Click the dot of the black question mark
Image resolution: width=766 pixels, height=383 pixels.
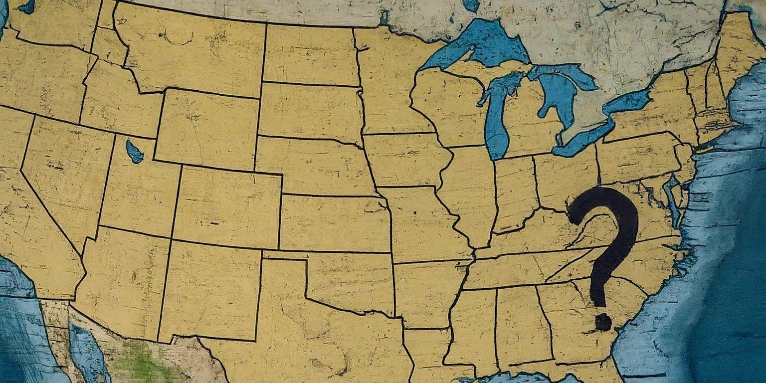(x=603, y=322)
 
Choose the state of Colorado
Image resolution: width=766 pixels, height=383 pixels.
(x=227, y=207)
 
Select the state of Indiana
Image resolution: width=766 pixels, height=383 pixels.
(x=514, y=192)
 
